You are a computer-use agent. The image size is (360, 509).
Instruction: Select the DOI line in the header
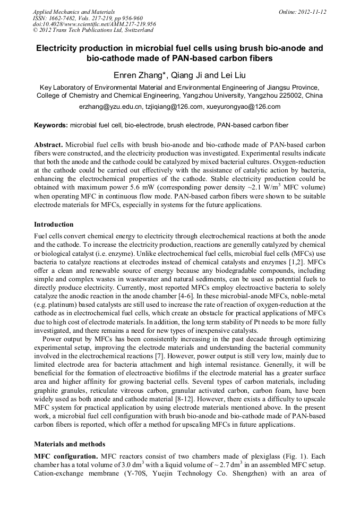pos(94,24)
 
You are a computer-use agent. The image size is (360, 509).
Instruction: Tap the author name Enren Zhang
pos(138,75)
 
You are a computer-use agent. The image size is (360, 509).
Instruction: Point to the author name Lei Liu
pos(232,75)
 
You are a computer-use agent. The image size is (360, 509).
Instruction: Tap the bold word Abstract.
pos(48,145)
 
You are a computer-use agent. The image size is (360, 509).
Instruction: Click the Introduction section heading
pos(54,225)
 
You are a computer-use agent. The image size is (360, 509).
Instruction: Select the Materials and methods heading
pos(69,444)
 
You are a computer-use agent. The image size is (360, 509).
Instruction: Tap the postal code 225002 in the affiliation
pos(284,96)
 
